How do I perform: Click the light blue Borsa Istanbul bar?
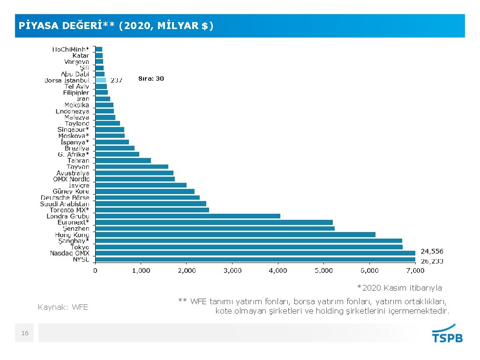[101, 80]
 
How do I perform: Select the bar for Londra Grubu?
[187, 216]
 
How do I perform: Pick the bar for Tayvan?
[132, 166]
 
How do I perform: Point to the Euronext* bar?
[214, 222]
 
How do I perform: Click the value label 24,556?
[432, 251]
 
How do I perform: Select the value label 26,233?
[432, 261]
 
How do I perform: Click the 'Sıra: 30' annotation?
[151, 79]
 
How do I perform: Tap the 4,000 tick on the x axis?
[278, 271]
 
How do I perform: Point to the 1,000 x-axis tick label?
[141, 271]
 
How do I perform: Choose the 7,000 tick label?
[415, 271]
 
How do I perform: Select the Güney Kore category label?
[71, 191]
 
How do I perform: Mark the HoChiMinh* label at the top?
[70, 49]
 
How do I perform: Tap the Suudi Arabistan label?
[68, 203]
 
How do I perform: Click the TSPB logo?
[447, 334]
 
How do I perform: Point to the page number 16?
[25, 333]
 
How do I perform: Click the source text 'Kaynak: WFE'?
[63, 307]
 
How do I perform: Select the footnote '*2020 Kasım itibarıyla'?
[399, 288]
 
